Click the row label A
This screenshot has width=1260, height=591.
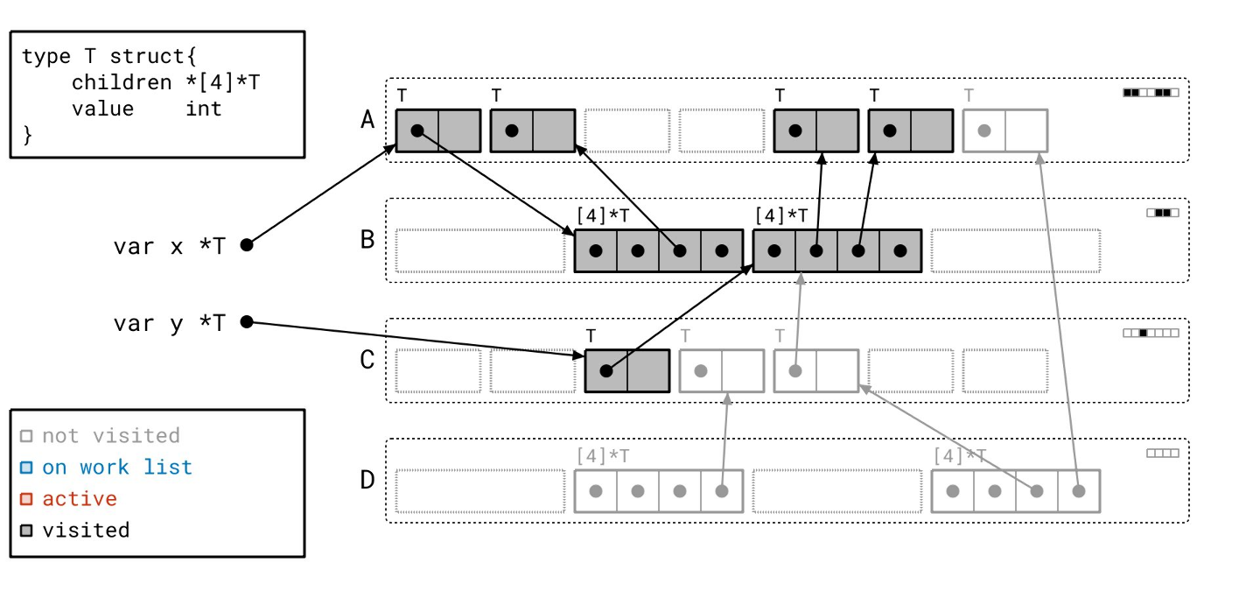coord(367,120)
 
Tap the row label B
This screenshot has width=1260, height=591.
coord(367,239)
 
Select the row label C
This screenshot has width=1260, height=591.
coord(367,360)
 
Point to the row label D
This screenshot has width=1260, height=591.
coord(367,480)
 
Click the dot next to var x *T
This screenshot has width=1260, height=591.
coord(247,245)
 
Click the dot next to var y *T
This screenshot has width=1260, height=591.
coord(247,322)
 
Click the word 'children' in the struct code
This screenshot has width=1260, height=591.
coord(122,82)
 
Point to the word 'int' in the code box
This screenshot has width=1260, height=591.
coord(203,109)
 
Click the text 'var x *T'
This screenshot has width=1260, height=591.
coord(169,246)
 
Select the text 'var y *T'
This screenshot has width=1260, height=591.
coord(169,323)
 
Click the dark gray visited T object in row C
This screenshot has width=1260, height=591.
coord(627,370)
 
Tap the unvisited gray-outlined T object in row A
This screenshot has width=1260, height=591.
coord(1005,130)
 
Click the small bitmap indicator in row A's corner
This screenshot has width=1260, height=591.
coord(1151,92)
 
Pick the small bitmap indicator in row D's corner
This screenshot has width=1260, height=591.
coord(1163,454)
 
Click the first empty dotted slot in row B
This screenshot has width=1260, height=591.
coord(479,250)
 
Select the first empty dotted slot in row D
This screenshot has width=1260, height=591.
coord(479,491)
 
